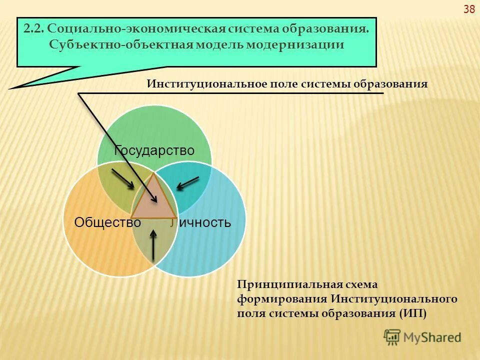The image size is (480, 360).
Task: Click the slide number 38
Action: click(x=469, y=9)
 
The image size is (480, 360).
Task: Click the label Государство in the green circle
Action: click(x=154, y=150)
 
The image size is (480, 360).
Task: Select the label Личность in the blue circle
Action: click(x=200, y=222)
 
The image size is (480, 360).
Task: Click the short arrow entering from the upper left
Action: click(x=122, y=179)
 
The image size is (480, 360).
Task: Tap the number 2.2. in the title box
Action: click(x=34, y=28)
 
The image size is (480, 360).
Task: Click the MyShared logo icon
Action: click(x=392, y=337)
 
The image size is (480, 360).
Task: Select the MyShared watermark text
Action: click(x=432, y=337)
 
